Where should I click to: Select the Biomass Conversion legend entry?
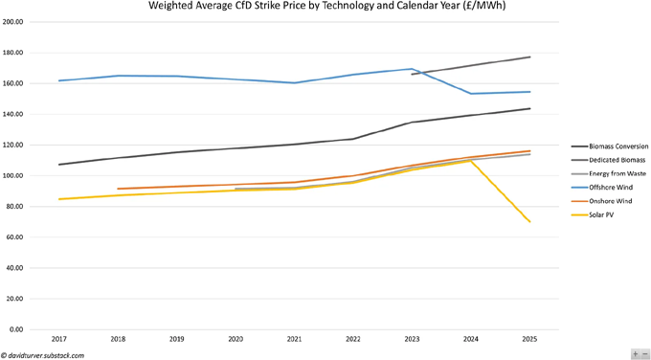coord(605,146)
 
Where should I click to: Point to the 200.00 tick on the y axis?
coord(12,22)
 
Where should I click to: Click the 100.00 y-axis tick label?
coord(12,176)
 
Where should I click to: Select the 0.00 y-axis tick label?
coord(16,329)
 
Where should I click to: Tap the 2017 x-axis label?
coord(59,339)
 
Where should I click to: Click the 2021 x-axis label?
coord(294,339)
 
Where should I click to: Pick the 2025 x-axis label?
coord(528,339)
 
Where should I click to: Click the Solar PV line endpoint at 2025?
coord(529,222)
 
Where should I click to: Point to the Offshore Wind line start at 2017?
coord(59,80)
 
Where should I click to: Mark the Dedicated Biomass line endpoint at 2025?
coord(529,57)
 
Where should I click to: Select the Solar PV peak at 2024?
coord(470,161)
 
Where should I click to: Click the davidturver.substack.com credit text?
coord(43,354)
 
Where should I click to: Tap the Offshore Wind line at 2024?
coord(470,94)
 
